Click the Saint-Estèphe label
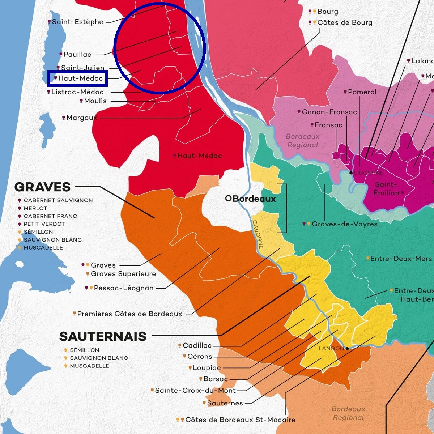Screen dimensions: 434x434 [77, 22]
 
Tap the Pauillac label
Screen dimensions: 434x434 [77, 55]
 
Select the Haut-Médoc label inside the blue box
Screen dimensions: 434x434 [80, 78]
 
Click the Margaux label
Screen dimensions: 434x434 [82, 118]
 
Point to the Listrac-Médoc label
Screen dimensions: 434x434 [77, 92]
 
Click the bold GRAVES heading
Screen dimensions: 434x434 [42, 187]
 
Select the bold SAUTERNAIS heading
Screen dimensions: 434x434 [103, 336]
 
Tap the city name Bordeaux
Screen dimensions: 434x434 [254, 199]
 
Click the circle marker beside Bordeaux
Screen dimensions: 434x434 [228, 198]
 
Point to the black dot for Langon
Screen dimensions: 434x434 [347, 349]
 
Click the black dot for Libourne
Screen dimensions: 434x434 [351, 173]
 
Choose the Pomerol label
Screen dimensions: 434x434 [362, 92]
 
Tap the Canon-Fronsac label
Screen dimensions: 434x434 [329, 112]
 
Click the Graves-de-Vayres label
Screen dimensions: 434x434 [345, 224]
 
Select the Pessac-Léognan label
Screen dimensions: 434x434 [124, 288]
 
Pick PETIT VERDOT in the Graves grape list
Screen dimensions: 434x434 [44, 224]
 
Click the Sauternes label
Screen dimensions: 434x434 [225, 403]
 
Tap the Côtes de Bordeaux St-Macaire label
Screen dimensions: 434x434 [240, 420]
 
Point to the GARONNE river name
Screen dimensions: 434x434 [258, 234]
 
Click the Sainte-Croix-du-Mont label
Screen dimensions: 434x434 [195, 391]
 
